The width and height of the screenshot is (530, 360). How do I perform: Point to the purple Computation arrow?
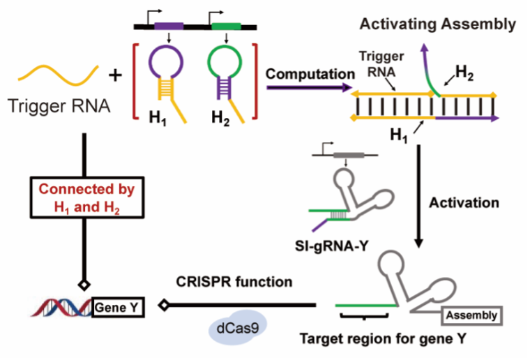click(x=307, y=88)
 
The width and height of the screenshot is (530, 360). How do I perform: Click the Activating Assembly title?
click(x=437, y=25)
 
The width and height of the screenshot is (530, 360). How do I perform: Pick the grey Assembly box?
click(x=471, y=315)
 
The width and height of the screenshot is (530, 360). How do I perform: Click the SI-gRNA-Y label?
click(x=336, y=246)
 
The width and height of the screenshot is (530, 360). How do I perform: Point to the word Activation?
click(x=464, y=203)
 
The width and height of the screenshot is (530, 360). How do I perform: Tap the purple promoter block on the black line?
click(x=169, y=27)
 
